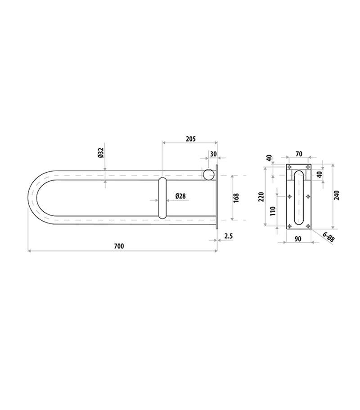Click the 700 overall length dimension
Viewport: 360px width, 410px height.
(119, 246)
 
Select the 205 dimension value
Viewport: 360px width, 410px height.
(191, 138)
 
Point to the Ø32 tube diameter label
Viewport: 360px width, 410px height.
(101, 153)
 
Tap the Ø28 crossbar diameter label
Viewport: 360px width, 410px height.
(180, 196)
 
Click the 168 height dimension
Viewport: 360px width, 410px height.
(236, 198)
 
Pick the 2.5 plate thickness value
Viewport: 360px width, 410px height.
(228, 236)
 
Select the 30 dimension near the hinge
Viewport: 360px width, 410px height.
(213, 154)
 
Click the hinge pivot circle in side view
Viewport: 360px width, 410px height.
(209, 174)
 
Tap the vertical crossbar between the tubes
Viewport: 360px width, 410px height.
(162, 198)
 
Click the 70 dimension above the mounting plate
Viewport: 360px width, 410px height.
(299, 154)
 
